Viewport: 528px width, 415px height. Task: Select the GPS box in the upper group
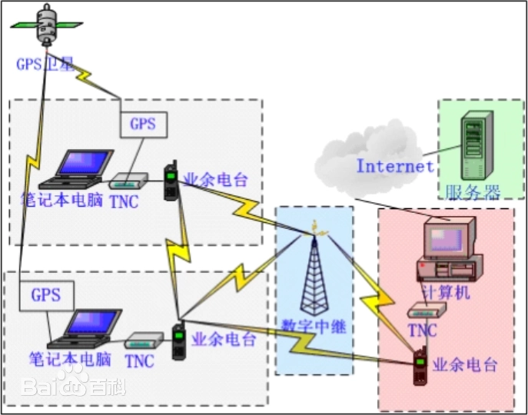[143, 124]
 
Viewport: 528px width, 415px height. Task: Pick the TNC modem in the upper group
[128, 183]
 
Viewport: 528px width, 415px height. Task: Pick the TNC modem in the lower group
[144, 338]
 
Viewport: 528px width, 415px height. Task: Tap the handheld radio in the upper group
[171, 182]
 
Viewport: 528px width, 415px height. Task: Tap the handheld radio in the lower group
[178, 342]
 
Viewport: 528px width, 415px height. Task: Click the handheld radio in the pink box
[420, 367]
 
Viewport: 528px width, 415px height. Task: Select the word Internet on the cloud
[394, 165]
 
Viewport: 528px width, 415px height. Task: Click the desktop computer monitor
[450, 238]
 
